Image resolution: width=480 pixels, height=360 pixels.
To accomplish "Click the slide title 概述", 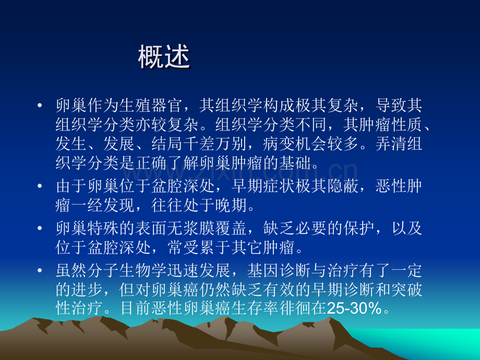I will pyautogui.click(x=164, y=58).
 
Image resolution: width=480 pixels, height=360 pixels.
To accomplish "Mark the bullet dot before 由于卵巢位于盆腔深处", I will pyautogui.click(x=41, y=186).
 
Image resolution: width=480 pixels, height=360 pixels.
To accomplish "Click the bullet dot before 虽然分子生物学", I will pyautogui.click(x=41, y=271).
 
